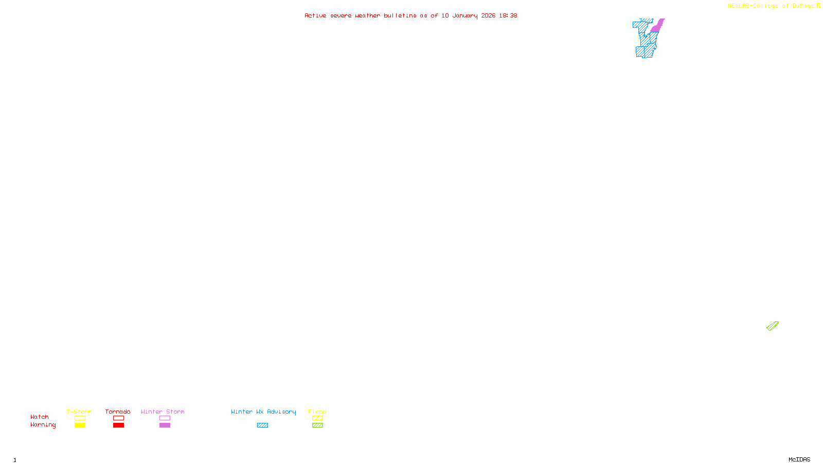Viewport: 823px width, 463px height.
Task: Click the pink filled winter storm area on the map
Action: point(656,27)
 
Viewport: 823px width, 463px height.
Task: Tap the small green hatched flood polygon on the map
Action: point(772,326)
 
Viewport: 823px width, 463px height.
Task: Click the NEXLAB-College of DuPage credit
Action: point(774,6)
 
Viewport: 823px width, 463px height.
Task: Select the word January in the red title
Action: point(464,16)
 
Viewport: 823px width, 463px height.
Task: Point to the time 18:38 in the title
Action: point(508,16)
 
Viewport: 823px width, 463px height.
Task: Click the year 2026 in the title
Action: point(488,16)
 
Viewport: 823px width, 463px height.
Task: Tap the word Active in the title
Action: point(315,16)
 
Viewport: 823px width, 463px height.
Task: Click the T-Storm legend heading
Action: point(79,412)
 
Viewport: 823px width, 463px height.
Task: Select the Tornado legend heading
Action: point(118,412)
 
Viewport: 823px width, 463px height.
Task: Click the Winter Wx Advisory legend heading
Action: point(263,412)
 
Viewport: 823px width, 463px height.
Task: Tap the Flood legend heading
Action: point(317,412)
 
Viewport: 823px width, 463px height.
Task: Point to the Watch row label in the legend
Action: point(40,417)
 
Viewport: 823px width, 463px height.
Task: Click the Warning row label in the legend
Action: point(43,425)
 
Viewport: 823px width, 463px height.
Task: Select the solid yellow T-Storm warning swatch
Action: point(80,425)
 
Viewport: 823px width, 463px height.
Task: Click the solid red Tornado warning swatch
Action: point(119,425)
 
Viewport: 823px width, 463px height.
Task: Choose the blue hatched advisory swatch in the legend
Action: point(263,425)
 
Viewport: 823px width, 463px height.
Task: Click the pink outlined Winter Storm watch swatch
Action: point(165,418)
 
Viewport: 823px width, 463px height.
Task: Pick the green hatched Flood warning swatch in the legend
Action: point(318,425)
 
